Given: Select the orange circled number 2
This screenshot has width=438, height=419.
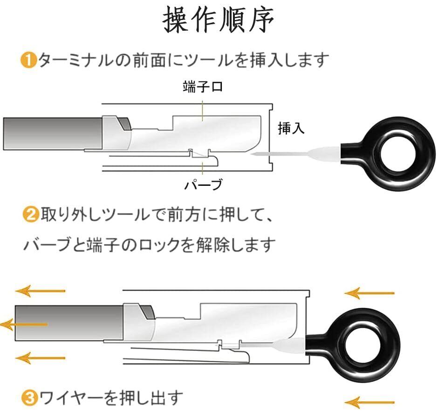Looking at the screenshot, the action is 31,216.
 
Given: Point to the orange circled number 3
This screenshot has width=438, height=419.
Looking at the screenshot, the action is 29,398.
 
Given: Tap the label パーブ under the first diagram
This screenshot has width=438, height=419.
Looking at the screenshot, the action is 202,185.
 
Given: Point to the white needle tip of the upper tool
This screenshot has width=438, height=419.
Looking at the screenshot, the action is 261,155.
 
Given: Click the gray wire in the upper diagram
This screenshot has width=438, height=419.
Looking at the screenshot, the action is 51,134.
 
